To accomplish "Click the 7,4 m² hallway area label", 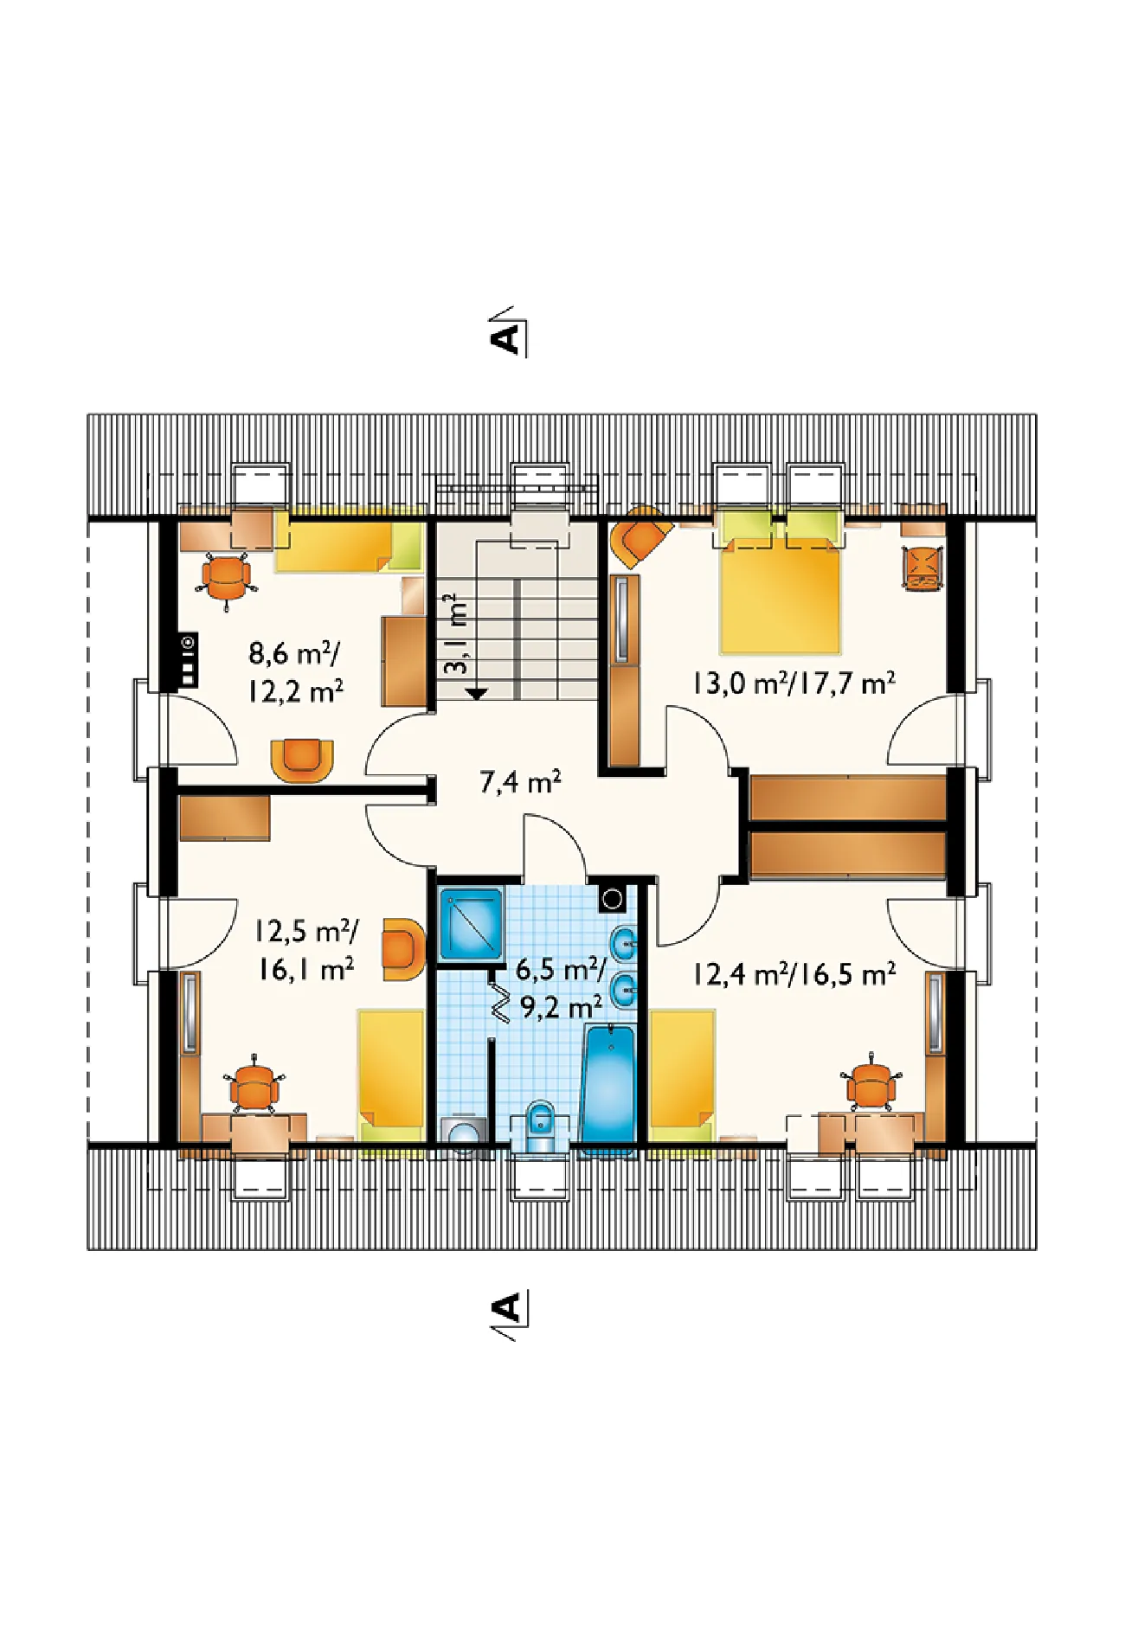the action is pyautogui.click(x=520, y=782).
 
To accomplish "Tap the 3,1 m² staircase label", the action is pyautogui.click(x=457, y=633).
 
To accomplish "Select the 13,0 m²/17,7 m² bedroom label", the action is pyautogui.click(x=794, y=683).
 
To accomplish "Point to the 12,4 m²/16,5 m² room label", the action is pyautogui.click(x=794, y=974).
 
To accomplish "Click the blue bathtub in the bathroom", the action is pyautogui.click(x=609, y=1085).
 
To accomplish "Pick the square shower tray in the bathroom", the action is pyautogui.click(x=471, y=924).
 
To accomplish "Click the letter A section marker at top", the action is pyautogui.click(x=508, y=332).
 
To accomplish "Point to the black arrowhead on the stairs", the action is pyautogui.click(x=476, y=693).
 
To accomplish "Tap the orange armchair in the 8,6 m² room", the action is pyautogui.click(x=302, y=760).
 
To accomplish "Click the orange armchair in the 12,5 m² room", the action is pyautogui.click(x=402, y=947).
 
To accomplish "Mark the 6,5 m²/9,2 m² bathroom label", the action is pyautogui.click(x=560, y=988).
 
